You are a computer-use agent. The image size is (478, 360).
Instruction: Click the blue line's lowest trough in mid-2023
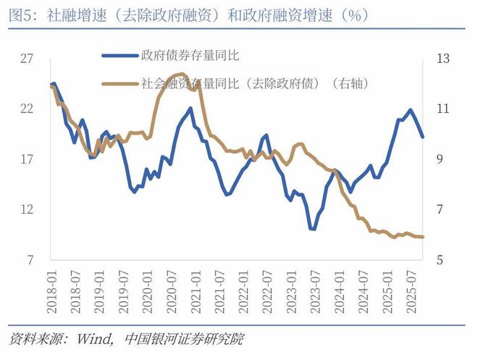(x=313, y=229)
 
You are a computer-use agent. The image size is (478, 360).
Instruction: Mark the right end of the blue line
(x=423, y=137)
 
